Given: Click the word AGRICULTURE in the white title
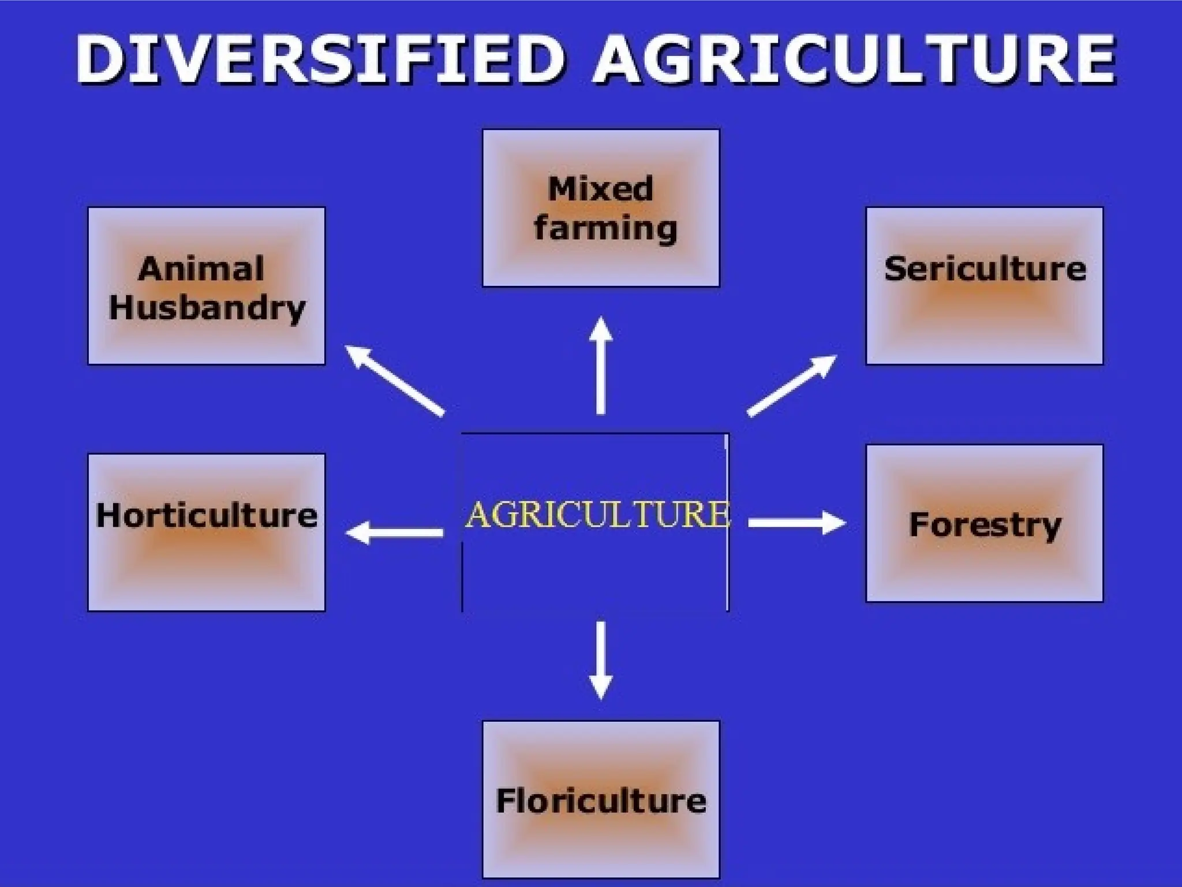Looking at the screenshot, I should (x=854, y=59).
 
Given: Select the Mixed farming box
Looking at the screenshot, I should (x=601, y=208).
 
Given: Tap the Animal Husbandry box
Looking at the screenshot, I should (x=206, y=286).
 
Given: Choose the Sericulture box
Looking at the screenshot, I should (x=984, y=286).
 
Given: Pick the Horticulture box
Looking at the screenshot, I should (x=206, y=532).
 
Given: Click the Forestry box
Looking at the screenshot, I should (x=984, y=523).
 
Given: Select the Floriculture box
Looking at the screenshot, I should (x=601, y=799).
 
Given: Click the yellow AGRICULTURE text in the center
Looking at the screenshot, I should (x=597, y=515).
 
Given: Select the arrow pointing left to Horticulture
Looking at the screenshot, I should (x=395, y=532).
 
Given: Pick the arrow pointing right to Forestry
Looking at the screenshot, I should (x=797, y=523).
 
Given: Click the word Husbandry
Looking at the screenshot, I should (x=207, y=307).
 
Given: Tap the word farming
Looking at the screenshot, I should (x=605, y=228).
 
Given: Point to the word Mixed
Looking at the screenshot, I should (x=600, y=189).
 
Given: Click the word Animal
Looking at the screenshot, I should (x=201, y=269).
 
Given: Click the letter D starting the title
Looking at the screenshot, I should (x=98, y=59).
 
